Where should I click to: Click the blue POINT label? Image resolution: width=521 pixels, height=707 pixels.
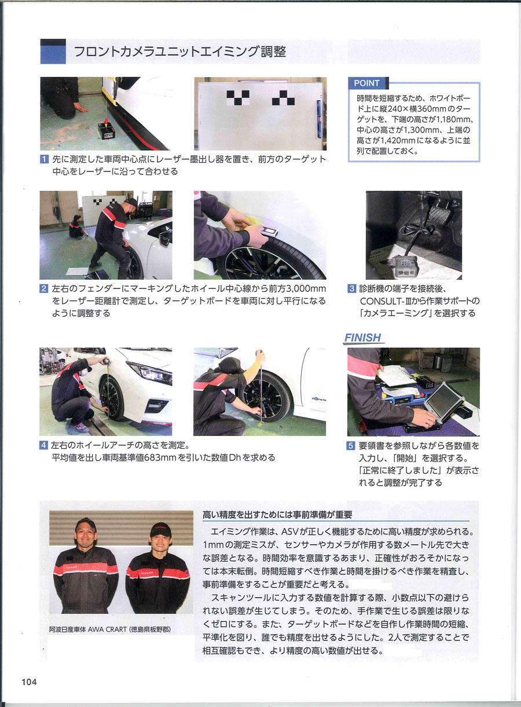(x=367, y=83)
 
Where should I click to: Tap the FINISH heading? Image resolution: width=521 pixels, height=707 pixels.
(x=363, y=338)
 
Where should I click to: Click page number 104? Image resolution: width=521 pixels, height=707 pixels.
(x=29, y=682)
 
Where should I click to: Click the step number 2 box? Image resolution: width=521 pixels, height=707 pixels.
(x=44, y=288)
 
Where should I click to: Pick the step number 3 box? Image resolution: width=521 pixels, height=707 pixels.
(x=352, y=288)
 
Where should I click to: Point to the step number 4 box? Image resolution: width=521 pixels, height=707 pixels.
(x=44, y=446)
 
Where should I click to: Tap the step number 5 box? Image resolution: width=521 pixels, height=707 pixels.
(x=352, y=446)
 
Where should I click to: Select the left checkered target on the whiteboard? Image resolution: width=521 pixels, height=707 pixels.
(x=237, y=97)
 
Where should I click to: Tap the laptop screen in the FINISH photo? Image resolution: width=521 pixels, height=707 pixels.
(x=443, y=398)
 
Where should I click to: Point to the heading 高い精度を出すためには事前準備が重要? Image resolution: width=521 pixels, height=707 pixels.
(x=277, y=514)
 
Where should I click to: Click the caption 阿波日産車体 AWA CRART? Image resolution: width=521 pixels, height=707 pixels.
(x=110, y=629)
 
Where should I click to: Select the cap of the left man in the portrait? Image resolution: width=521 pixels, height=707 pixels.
(x=85, y=524)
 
